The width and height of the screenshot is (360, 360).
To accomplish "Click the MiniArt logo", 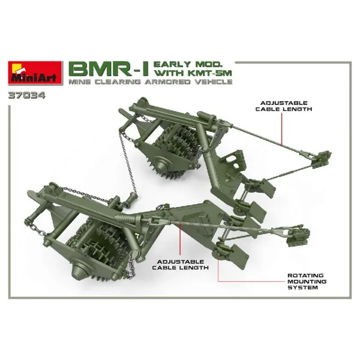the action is (x=35, y=73).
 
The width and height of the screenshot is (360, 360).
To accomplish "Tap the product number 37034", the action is (x=26, y=95).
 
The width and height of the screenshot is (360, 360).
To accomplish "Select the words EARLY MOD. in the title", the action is (x=187, y=64).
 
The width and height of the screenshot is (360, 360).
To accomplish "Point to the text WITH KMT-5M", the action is (x=193, y=73).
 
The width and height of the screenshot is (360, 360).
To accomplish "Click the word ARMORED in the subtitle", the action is (x=167, y=82).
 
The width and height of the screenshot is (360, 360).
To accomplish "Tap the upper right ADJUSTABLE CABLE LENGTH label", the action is (x=284, y=106).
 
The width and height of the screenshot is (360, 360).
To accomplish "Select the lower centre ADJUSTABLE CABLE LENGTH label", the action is (x=180, y=265).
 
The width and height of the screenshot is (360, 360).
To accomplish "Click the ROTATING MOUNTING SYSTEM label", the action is (x=307, y=281).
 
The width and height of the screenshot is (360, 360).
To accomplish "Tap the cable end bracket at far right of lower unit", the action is (x=298, y=236).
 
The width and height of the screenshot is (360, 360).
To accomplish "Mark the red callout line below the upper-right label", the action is (x=282, y=128).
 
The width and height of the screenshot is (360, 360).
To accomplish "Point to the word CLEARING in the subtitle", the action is (x=118, y=82).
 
